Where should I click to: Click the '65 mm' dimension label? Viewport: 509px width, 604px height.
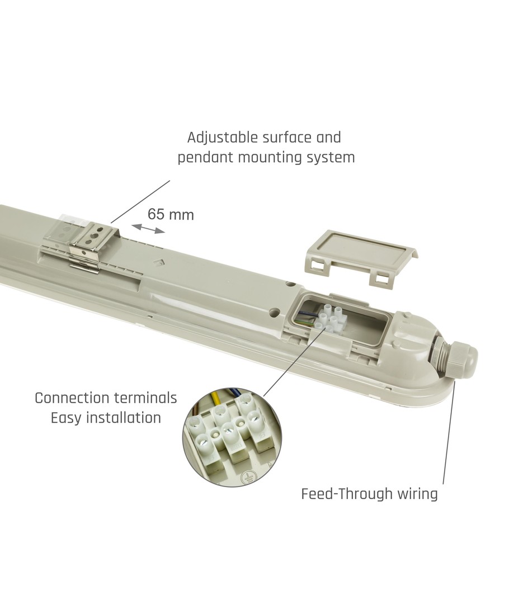(171, 214)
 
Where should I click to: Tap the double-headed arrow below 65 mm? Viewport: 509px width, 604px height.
(148, 228)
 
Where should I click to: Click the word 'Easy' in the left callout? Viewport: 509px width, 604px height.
(67, 418)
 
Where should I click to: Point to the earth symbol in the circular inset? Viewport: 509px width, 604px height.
(247, 479)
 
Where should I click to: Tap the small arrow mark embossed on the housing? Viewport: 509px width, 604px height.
(159, 262)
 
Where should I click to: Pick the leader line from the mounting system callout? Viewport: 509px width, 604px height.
(140, 201)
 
